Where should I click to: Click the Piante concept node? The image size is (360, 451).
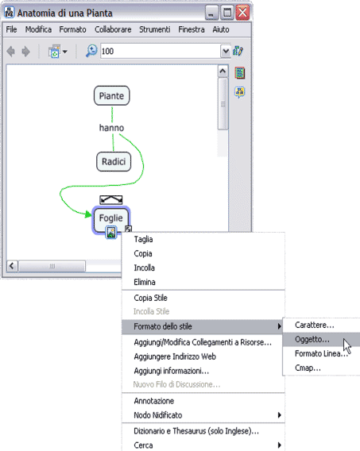click(x=111, y=95)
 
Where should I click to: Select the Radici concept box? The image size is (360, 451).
click(x=114, y=162)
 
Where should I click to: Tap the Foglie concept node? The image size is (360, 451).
click(x=111, y=218)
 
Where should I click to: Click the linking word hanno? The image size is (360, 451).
click(x=111, y=128)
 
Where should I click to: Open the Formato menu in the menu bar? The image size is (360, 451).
click(x=72, y=29)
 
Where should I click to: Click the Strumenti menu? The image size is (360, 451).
click(x=154, y=29)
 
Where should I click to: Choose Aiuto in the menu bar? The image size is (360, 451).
click(x=221, y=29)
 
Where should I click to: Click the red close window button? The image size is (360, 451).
click(x=242, y=13)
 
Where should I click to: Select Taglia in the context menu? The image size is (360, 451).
click(x=143, y=239)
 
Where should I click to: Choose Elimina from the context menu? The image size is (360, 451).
click(x=145, y=282)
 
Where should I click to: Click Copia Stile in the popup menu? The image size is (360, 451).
click(x=150, y=298)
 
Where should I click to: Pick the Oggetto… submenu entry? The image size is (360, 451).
click(x=312, y=339)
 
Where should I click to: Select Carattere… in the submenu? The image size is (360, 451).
click(x=315, y=325)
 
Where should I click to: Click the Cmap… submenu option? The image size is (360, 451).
click(x=308, y=368)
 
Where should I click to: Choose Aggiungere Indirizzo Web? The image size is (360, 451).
click(x=175, y=357)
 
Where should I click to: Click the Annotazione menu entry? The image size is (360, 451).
click(x=154, y=401)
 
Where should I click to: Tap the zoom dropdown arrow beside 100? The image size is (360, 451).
click(x=226, y=51)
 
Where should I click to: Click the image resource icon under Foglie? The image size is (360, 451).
click(x=111, y=232)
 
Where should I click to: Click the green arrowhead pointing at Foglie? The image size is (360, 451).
click(x=88, y=214)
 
